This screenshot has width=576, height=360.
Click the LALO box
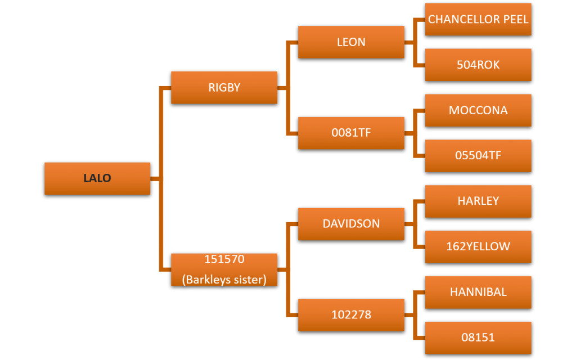[x=97, y=178]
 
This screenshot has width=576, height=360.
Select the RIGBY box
[x=224, y=88]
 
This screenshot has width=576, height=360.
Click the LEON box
[x=351, y=42]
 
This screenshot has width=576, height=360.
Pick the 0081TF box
[x=351, y=133]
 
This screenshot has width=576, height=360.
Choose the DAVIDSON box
[x=351, y=224]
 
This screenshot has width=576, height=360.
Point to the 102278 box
[x=351, y=315]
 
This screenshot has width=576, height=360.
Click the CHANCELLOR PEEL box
[x=478, y=19]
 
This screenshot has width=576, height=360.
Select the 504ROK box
[x=478, y=65]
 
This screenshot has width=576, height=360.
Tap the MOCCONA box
[x=478, y=110]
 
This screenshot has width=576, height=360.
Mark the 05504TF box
[x=478, y=156]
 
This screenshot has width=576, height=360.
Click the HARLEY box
[x=478, y=201]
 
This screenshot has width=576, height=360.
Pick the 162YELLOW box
[x=478, y=246]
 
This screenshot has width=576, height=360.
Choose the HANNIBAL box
[x=478, y=292]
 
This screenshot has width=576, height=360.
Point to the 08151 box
[x=478, y=337]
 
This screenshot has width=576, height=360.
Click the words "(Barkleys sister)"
[x=224, y=279]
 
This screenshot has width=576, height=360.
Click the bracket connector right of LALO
[x=161, y=178]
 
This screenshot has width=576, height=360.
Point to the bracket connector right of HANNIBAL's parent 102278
[x=415, y=315]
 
